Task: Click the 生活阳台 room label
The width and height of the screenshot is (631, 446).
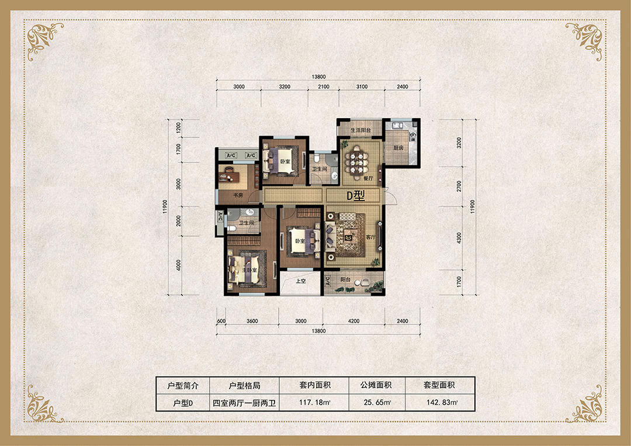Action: click(x=360, y=130)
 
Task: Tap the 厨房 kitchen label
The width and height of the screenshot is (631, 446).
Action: click(x=398, y=148)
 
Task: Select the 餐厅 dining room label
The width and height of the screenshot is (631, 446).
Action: click(x=368, y=178)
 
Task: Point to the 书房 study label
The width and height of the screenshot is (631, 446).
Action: click(x=238, y=195)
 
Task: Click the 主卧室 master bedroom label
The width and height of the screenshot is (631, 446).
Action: click(x=249, y=269)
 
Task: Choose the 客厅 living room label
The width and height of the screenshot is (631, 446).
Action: click(x=370, y=237)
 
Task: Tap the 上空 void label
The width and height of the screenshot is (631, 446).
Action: click(x=301, y=281)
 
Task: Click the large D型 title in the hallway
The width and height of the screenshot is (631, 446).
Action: click(x=356, y=196)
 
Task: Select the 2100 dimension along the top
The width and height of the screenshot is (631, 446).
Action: click(x=324, y=87)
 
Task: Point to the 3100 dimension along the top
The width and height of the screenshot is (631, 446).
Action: click(x=362, y=87)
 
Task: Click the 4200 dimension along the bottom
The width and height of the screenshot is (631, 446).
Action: click(x=353, y=321)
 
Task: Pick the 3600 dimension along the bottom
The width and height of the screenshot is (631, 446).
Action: click(x=252, y=321)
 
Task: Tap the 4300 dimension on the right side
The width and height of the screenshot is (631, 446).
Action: click(x=459, y=238)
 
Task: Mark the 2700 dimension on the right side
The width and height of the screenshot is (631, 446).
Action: click(x=459, y=186)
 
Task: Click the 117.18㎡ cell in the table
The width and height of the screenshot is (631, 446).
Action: click(x=314, y=402)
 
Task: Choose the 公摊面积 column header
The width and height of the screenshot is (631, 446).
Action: click(x=376, y=385)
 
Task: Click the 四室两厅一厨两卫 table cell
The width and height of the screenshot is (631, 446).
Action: click(x=244, y=403)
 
